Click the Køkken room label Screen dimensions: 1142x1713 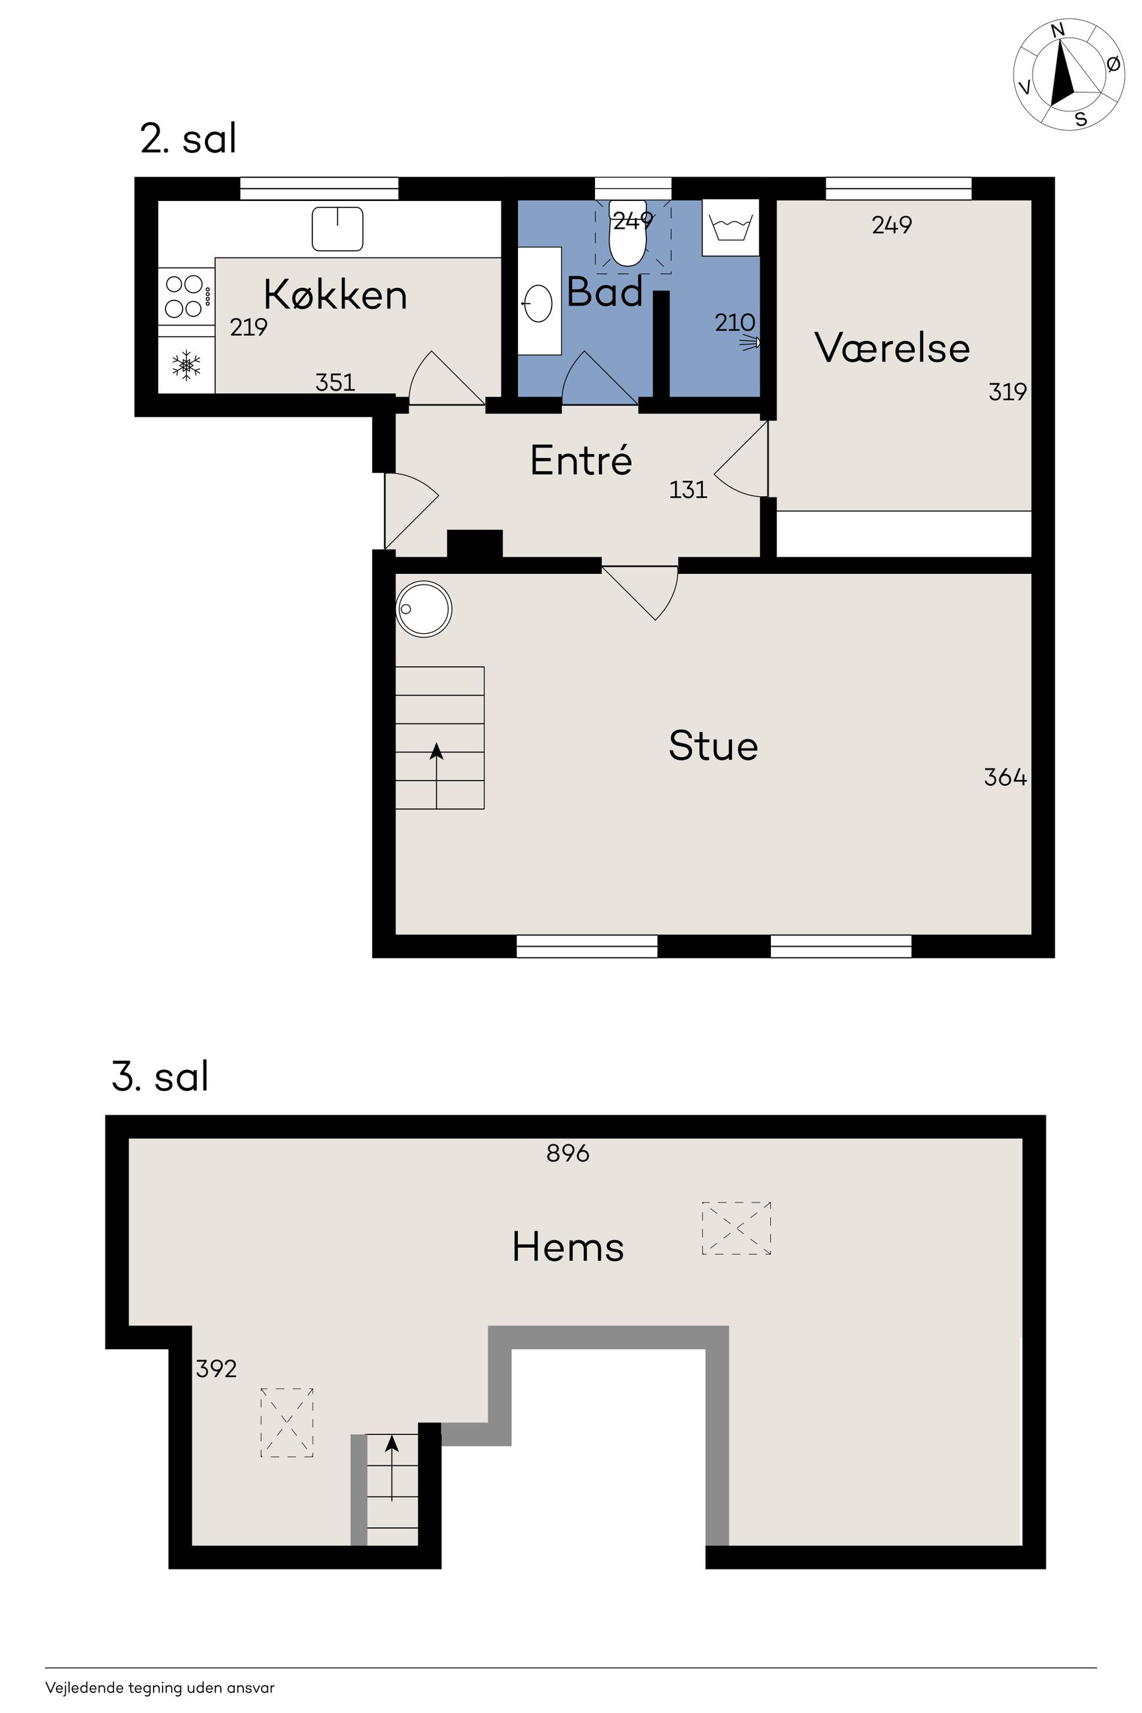pos(335,295)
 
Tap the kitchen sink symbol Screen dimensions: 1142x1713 pos(337,229)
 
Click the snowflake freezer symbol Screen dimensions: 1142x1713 pos(186,365)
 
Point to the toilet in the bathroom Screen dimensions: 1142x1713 pos(627,234)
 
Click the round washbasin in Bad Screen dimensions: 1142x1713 pos(538,302)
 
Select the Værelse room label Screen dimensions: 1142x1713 pos(892,347)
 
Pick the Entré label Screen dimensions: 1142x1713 pos(581,459)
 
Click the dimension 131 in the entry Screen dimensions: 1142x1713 pos(688,490)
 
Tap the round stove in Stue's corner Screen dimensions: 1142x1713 pos(424,609)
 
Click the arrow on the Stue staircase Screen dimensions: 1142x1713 pos(436,775)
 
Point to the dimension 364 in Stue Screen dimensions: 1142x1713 pos(1005,777)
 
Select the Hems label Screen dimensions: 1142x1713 pos(568,1247)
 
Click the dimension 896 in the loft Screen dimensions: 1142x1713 pos(568,1153)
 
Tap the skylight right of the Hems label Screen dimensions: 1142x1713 pos(736,1228)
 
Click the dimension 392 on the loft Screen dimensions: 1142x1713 pos(216,1368)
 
